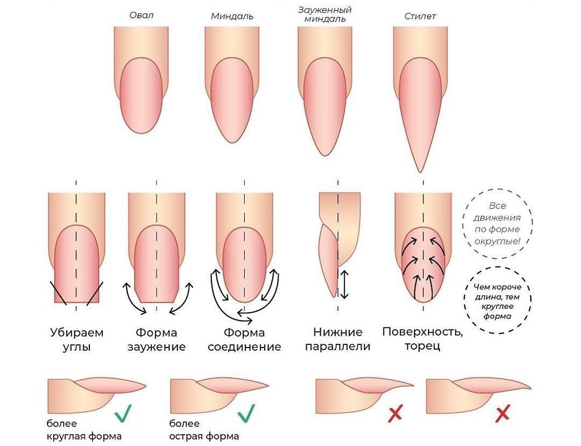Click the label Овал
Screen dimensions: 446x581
(141, 15)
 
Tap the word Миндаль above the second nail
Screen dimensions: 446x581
(232, 16)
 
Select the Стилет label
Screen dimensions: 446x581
(420, 16)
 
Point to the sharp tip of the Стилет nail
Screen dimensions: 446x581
(420, 171)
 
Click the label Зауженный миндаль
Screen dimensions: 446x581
(325, 15)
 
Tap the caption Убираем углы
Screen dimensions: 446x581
(76, 339)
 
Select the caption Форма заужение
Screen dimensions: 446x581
(157, 339)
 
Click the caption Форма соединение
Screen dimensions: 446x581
(244, 339)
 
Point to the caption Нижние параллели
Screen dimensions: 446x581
(338, 339)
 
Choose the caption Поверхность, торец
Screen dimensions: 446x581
(422, 338)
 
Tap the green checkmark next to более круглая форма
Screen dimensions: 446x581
(123, 413)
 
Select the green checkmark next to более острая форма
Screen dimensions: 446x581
(246, 413)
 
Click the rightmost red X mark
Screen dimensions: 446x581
(502, 414)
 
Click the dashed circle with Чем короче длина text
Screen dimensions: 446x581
(498, 301)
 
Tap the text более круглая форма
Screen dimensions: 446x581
(84, 429)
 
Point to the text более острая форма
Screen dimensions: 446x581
(204, 429)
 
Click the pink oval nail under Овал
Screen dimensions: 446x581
(141, 95)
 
